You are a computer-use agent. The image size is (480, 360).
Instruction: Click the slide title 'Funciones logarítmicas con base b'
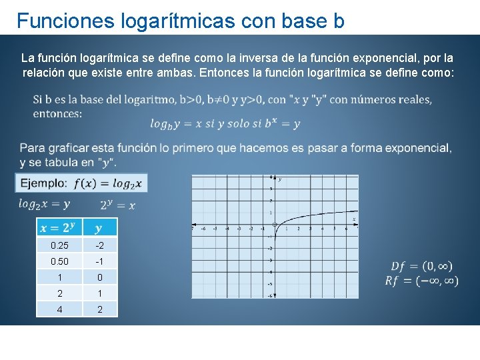pyautogui.click(x=180, y=21)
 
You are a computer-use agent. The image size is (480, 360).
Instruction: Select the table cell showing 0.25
pyautogui.click(x=59, y=245)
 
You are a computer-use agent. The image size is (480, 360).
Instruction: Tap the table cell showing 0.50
pyautogui.click(x=59, y=261)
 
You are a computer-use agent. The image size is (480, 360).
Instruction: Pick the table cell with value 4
pyautogui.click(x=59, y=309)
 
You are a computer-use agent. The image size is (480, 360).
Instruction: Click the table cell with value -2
pyautogui.click(x=99, y=245)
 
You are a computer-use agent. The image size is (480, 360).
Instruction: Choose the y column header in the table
pyautogui.click(x=99, y=228)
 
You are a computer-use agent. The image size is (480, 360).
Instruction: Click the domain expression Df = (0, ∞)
pyautogui.click(x=421, y=267)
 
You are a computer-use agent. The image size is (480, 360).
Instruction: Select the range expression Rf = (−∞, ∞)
pyautogui.click(x=421, y=281)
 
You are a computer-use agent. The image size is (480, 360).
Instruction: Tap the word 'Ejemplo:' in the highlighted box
pyautogui.click(x=43, y=183)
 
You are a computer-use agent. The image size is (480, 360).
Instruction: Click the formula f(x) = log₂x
pyautogui.click(x=107, y=183)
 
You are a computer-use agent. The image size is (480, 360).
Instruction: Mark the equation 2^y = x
pyautogui.click(x=117, y=205)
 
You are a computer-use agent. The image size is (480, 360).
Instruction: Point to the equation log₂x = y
pyautogui.click(x=44, y=204)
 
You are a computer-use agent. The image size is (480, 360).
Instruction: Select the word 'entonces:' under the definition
pyautogui.click(x=57, y=113)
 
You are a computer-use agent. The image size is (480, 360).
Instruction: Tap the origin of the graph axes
pyautogui.click(x=275, y=225)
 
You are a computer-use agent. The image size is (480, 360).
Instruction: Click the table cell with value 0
pyautogui.click(x=99, y=277)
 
